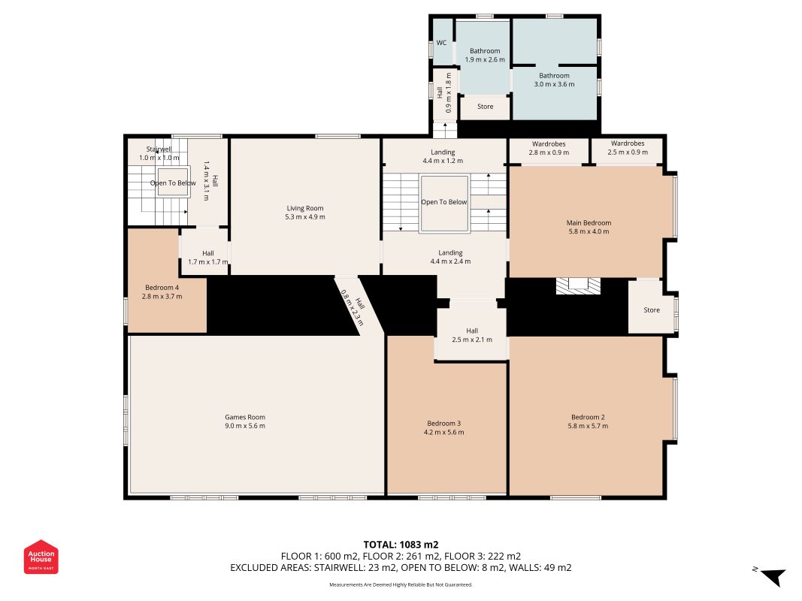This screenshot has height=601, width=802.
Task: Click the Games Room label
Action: pyautogui.click(x=245, y=417)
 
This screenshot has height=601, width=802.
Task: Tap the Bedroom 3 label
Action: pyautogui.click(x=444, y=423)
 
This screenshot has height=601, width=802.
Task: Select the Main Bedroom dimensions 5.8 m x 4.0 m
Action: pyautogui.click(x=589, y=231)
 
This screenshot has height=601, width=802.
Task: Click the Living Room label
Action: pyautogui.click(x=305, y=208)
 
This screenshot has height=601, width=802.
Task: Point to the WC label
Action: pyautogui.click(x=441, y=43)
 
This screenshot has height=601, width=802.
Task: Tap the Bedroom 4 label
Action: pyautogui.click(x=162, y=288)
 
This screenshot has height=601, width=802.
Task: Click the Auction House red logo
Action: pyautogui.click(x=41, y=557)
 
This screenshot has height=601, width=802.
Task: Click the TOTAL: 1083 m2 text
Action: pyautogui.click(x=401, y=545)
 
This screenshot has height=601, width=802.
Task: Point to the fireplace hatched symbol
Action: pyautogui.click(x=578, y=285)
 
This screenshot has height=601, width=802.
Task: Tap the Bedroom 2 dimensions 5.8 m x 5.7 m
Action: pyautogui.click(x=589, y=426)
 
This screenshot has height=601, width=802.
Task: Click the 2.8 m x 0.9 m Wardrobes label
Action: pyautogui.click(x=549, y=148)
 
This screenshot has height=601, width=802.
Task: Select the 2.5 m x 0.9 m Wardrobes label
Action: pyautogui.click(x=628, y=148)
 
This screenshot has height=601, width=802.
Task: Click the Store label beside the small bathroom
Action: pyautogui.click(x=486, y=106)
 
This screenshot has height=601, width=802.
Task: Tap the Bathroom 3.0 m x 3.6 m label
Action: pyautogui.click(x=554, y=80)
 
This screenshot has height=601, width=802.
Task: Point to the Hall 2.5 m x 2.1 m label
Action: pyautogui.click(x=472, y=335)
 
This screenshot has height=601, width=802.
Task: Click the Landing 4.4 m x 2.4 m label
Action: pyautogui.click(x=450, y=257)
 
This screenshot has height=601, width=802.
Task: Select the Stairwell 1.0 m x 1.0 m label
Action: pyautogui.click(x=159, y=153)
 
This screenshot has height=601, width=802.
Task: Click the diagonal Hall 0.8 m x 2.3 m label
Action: pyautogui.click(x=353, y=308)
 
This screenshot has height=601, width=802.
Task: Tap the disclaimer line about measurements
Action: pyautogui.click(x=401, y=584)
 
